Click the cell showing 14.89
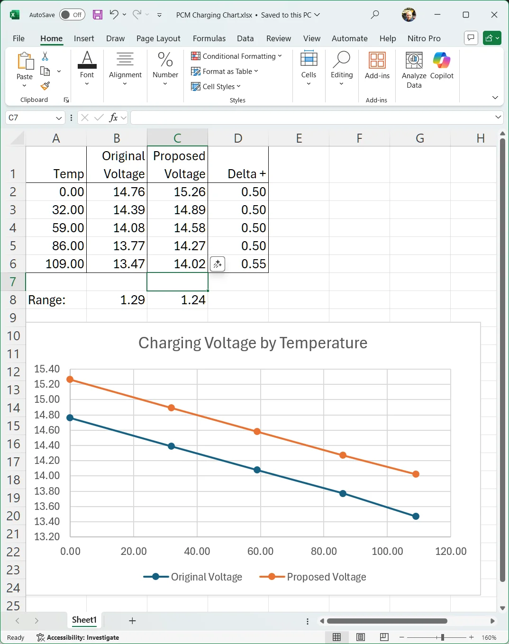178,210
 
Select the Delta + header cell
238,164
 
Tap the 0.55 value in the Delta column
238,264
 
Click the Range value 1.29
117,300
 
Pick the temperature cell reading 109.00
56,264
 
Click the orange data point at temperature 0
70,380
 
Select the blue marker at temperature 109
416,516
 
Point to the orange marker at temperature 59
257,432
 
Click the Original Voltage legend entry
193,577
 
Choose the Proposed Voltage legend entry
313,577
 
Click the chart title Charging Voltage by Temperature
253,343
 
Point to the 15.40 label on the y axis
47,369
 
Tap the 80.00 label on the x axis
324,551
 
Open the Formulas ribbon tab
209,38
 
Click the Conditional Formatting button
236,56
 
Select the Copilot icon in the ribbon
442,65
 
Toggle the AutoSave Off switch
72,15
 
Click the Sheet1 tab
84,619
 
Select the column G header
420,138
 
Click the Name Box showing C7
35,118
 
